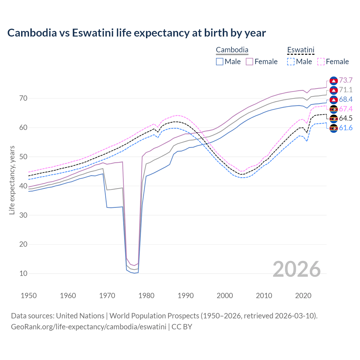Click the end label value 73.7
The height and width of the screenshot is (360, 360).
[346, 80]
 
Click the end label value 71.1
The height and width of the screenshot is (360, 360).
[346, 90]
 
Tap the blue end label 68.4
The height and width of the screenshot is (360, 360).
[346, 100]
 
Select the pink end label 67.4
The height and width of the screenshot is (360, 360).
[346, 109]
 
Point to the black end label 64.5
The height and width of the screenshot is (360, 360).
[346, 118]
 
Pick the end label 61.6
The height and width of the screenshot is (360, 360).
[346, 128]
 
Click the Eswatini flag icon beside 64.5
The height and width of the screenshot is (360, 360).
[334, 118]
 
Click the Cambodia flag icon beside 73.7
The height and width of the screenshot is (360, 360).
[334, 81]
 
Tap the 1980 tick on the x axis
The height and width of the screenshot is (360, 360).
[147, 296]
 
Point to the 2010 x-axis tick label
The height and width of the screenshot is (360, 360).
[264, 296]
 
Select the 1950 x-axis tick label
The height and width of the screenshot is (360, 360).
[29, 296]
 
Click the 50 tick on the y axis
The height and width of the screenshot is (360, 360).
[23, 157]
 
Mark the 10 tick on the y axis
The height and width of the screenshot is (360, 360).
[23, 273]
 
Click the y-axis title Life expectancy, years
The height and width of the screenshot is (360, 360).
[12, 180]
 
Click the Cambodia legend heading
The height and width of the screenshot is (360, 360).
[232, 50]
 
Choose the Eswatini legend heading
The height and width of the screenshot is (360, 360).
[301, 50]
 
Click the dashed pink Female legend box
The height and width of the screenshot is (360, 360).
[321, 62]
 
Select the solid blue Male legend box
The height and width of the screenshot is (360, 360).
[220, 62]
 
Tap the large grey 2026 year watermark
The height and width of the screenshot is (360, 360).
[296, 269]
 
